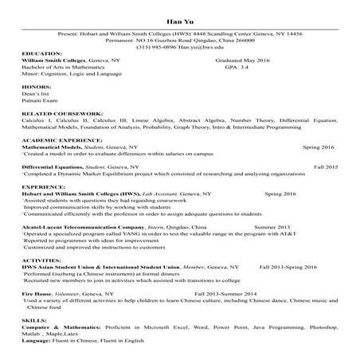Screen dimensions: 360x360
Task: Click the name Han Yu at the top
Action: coord(180,22)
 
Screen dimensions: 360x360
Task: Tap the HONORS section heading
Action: coord(36,85)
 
